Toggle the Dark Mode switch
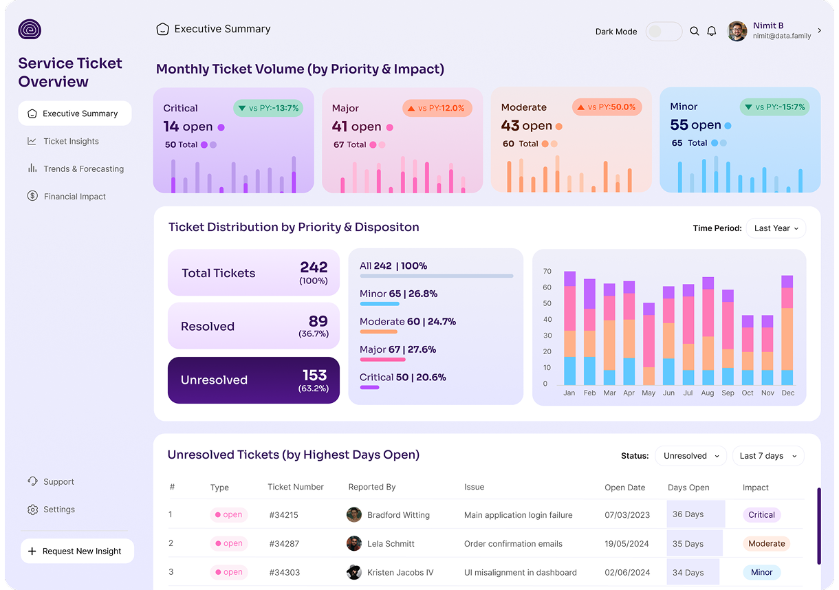663,32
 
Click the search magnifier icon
695,32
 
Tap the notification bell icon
712,32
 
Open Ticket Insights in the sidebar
71,141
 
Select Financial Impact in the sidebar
74,197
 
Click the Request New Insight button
77,551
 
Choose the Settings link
59,510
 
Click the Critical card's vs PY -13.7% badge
268,108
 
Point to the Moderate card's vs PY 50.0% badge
607,107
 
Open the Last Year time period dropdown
776,228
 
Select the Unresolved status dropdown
690,456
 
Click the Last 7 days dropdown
767,456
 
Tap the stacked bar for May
649,344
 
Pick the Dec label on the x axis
788,393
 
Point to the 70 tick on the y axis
547,272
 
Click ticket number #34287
284,543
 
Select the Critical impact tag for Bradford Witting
761,514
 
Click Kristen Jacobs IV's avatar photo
354,572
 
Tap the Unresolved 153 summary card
253,380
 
